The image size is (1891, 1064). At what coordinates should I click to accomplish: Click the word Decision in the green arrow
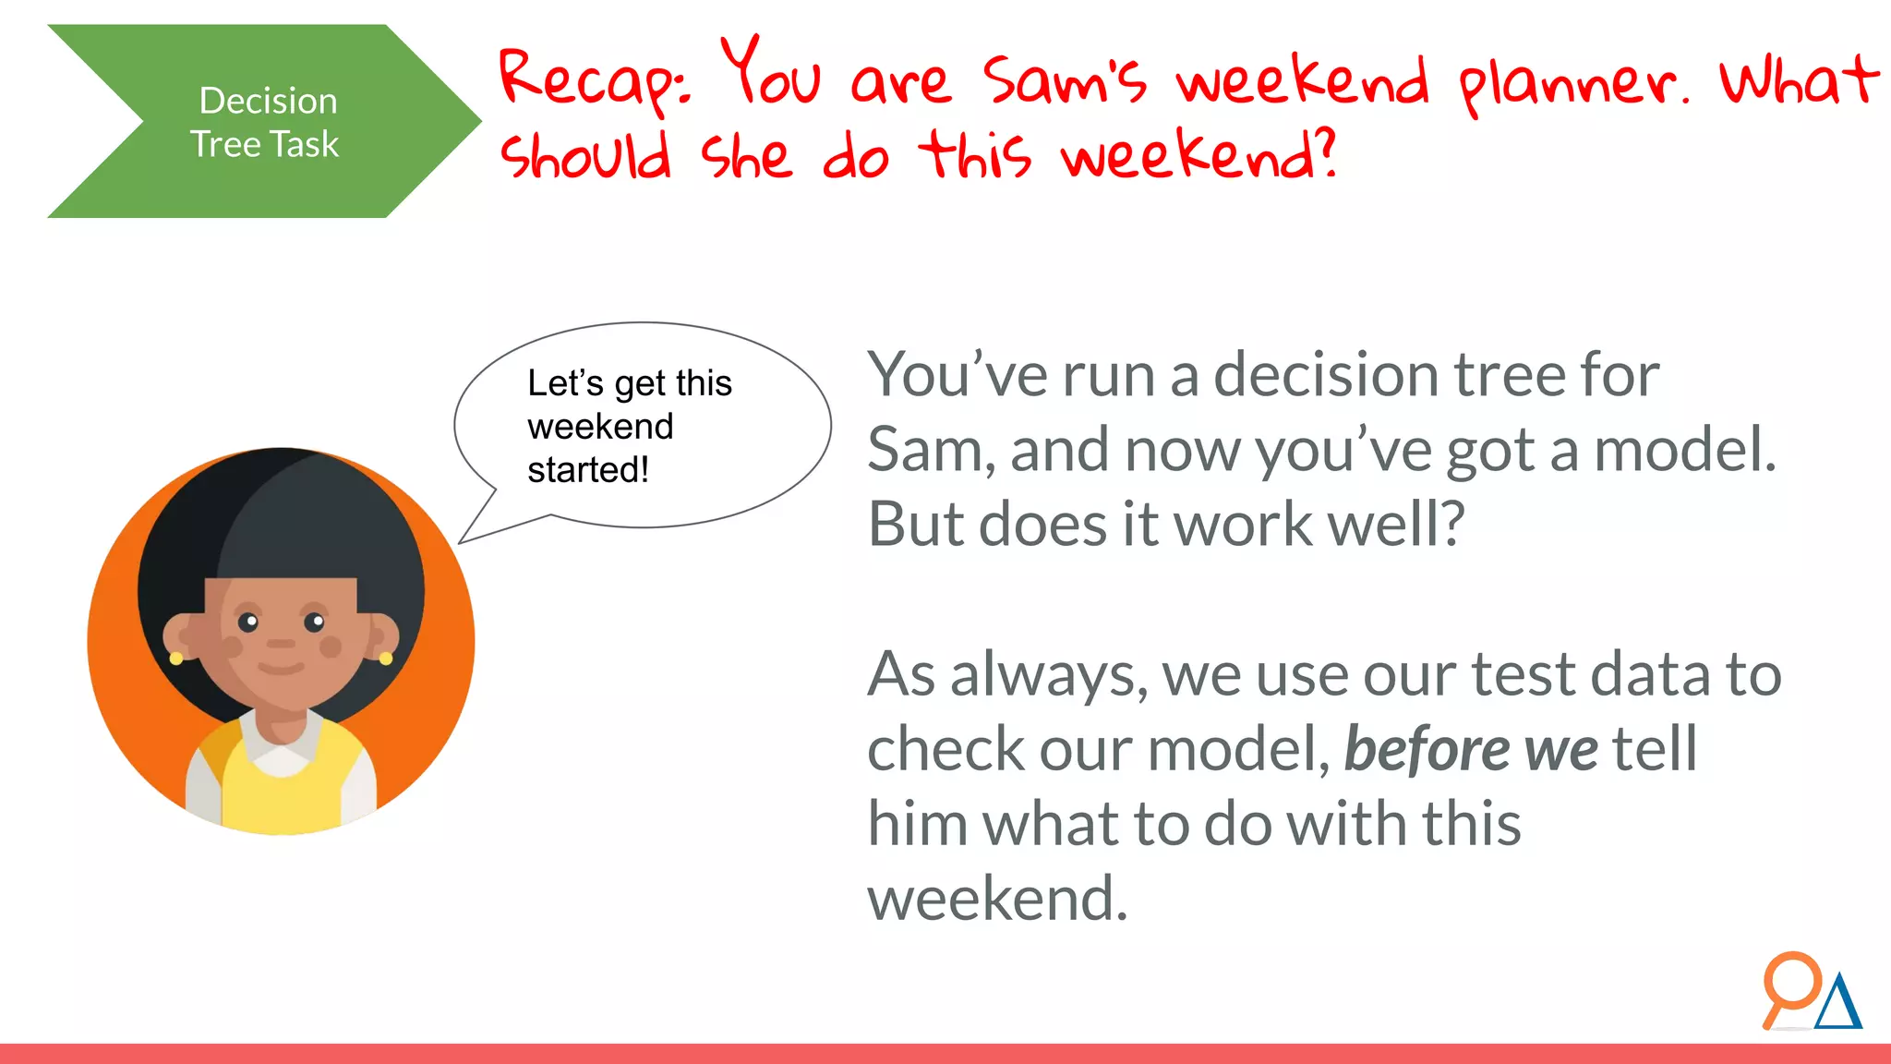[x=268, y=101]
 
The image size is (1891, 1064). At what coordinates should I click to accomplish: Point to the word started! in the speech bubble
[x=588, y=470]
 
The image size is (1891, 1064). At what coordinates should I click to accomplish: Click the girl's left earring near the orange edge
[x=176, y=658]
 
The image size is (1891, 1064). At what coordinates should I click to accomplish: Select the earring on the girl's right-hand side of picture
[x=385, y=658]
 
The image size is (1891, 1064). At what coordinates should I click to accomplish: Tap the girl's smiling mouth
[x=281, y=668]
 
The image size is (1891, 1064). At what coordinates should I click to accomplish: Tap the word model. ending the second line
[x=1685, y=450]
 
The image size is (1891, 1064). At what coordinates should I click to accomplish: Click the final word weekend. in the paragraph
[x=997, y=899]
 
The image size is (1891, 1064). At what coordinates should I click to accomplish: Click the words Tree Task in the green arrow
[x=265, y=145]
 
